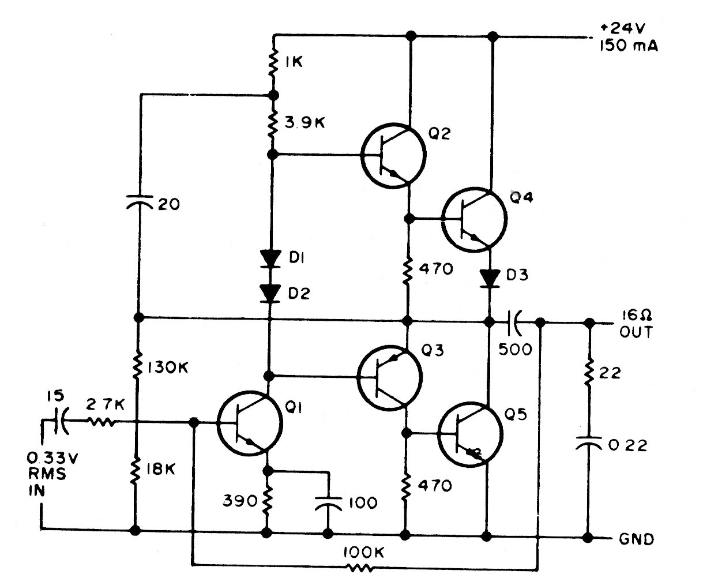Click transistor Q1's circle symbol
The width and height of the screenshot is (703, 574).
(250, 423)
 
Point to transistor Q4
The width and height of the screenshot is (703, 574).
(474, 219)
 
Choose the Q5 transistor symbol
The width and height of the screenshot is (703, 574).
(470, 432)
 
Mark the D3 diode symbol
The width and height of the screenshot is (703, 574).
(490, 279)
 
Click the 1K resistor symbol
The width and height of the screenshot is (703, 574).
(273, 63)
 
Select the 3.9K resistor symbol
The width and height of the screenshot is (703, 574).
(273, 124)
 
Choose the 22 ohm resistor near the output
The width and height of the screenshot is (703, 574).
(589, 374)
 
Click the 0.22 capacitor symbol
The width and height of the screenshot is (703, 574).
(589, 444)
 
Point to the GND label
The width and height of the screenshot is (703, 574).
(636, 539)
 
